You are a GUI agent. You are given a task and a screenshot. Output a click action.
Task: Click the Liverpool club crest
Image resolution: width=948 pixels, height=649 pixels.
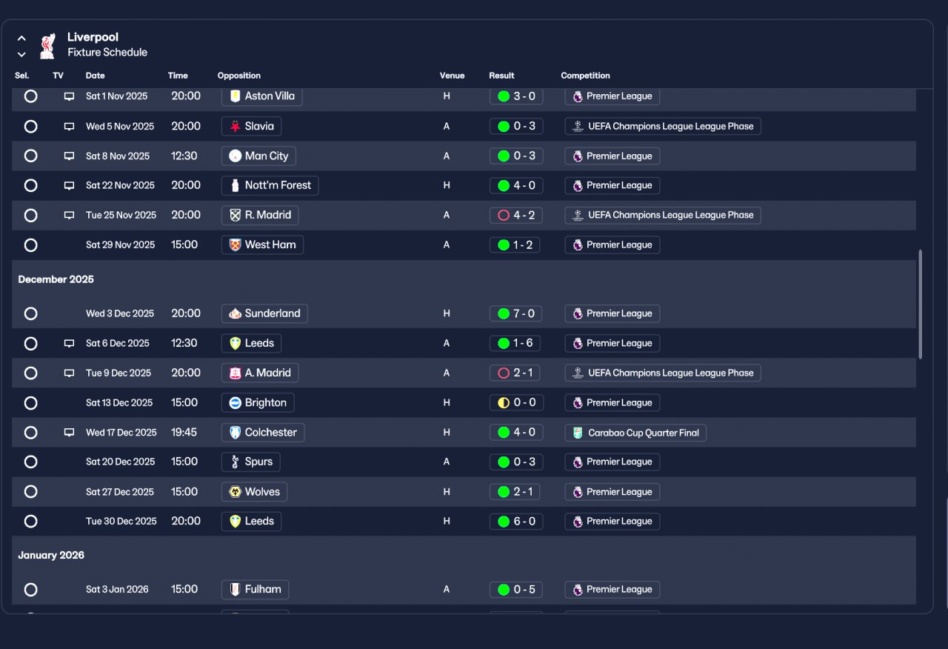pos(48,46)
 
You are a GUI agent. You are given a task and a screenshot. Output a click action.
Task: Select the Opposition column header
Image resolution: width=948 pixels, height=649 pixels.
pos(239,76)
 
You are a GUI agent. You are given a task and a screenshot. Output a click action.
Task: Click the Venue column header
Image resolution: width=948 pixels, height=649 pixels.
pos(452,76)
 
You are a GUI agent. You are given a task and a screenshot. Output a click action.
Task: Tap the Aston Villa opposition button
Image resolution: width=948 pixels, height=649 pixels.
pos(262,96)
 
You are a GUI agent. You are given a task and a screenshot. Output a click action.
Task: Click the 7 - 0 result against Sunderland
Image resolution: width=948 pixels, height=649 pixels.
pos(516,313)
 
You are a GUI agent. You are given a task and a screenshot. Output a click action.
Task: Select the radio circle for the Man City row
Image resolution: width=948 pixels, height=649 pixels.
pos(31,156)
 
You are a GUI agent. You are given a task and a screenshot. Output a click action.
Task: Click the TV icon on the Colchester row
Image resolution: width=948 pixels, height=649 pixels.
pos(69,432)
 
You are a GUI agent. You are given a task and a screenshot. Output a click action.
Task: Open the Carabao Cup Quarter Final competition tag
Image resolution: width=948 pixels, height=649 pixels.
pos(635,433)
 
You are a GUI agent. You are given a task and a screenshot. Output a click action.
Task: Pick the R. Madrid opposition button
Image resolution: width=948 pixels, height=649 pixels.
pos(260,215)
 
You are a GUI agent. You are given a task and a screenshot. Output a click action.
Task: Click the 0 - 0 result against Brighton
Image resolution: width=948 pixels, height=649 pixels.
pos(516,402)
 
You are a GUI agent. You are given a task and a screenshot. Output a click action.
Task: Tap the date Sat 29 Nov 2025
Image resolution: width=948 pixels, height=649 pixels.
pos(120,244)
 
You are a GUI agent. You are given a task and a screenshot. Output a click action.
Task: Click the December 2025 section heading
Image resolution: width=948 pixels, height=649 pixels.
pos(56,279)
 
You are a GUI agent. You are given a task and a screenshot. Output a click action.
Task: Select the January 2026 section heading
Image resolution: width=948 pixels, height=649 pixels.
pos(51,555)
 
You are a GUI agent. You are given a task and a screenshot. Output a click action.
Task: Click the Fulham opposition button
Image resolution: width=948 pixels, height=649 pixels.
pos(256,589)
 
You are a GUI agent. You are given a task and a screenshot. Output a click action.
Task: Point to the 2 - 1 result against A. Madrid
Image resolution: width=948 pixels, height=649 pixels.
pos(515,373)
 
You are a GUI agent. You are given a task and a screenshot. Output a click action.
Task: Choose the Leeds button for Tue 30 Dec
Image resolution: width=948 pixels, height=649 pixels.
pos(251,521)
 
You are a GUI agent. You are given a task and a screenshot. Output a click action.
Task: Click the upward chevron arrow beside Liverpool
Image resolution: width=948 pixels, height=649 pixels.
pos(21,39)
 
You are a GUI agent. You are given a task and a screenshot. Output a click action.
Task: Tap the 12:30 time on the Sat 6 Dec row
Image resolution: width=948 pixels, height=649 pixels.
pos(184,343)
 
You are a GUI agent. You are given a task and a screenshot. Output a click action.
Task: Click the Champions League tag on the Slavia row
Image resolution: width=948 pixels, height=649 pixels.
pos(663,126)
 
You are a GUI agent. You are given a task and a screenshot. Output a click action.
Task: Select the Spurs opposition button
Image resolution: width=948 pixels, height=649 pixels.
pos(250,462)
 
